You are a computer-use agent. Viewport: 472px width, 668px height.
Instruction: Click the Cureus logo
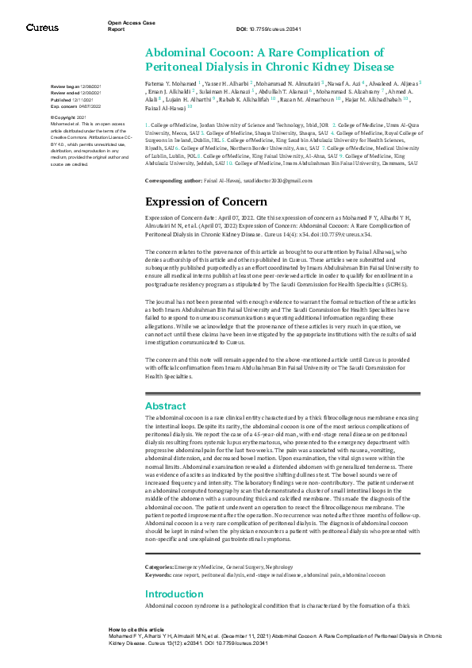tap(42, 27)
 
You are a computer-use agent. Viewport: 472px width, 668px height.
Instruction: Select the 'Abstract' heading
tap(165, 405)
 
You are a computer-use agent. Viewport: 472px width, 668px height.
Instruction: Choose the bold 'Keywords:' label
tap(161, 551)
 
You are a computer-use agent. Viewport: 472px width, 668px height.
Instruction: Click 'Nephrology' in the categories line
tap(278, 544)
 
